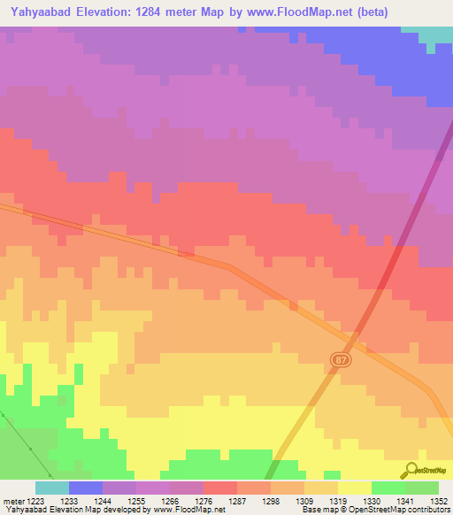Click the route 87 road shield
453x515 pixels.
[342, 358]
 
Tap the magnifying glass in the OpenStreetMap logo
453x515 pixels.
[410, 470]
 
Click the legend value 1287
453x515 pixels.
[237, 500]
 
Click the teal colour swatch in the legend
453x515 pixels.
[52, 488]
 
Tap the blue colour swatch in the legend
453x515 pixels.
[86, 488]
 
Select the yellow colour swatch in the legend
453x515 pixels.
[354, 488]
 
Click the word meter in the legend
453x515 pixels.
[12, 500]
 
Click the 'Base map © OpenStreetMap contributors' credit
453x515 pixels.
[375, 510]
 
